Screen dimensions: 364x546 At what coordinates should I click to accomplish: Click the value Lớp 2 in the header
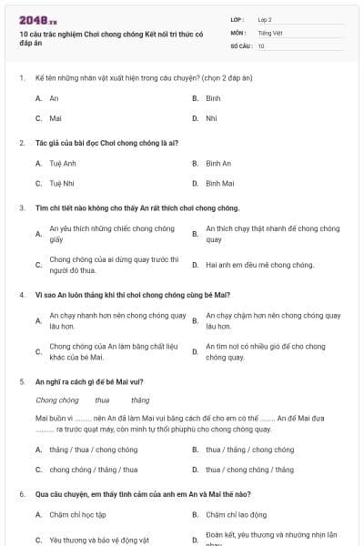264,18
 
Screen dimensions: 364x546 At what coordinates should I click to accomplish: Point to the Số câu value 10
261,45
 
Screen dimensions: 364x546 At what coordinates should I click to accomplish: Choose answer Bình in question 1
213,97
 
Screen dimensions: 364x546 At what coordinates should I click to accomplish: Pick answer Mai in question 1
56,118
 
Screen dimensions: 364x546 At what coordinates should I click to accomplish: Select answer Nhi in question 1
211,118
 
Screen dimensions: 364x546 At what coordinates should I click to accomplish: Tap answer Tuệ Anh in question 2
63,164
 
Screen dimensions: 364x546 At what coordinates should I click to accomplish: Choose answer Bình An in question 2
218,164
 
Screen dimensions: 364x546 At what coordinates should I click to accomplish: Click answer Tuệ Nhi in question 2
62,184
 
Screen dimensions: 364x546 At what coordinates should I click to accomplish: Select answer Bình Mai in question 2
220,184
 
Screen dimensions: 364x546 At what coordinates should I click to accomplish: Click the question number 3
22,207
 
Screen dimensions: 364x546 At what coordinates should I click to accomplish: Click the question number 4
22,295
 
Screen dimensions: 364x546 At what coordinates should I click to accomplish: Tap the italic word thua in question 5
102,399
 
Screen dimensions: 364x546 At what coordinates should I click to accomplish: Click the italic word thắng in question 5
140,399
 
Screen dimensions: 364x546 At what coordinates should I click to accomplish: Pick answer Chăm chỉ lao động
236,515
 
